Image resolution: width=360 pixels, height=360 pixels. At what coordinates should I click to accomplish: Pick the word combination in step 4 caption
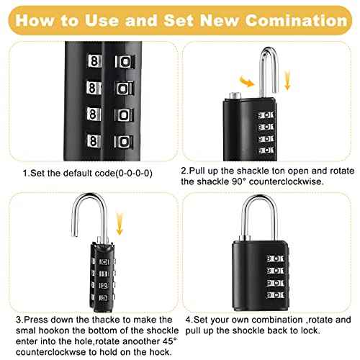pos(268,319)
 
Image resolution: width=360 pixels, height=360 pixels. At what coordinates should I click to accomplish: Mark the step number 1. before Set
pos(26,172)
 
